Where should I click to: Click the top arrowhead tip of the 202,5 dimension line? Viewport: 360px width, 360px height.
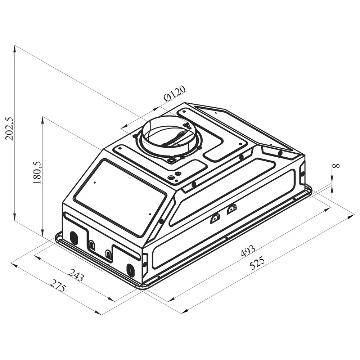coord(15,45)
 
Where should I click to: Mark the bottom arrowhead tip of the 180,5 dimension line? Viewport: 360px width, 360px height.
coord(42,236)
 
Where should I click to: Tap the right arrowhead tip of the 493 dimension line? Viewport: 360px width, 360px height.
coord(331,207)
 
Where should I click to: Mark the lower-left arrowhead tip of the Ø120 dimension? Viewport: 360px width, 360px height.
coord(121,128)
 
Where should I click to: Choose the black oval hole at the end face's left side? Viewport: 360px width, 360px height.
coord(74,237)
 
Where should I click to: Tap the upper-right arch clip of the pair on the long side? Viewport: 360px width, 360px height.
coord(231,210)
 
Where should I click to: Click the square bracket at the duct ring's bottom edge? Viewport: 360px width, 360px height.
coord(171,159)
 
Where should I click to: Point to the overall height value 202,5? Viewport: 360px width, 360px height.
coord(10,129)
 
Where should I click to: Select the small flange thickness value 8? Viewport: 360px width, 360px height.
coord(337,165)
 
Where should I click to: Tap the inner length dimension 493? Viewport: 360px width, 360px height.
coord(248,251)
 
